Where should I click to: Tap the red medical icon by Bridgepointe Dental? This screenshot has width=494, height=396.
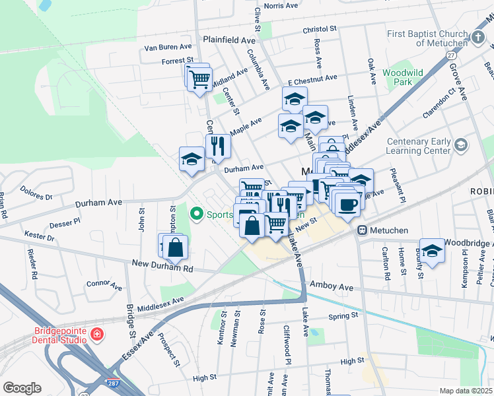tap(96, 335)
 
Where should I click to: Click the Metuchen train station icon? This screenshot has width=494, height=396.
tap(362, 230)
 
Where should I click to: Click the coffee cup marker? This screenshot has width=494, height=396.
tap(347, 204)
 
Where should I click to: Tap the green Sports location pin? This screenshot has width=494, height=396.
tap(196, 214)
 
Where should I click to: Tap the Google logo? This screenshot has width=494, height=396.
tap(22, 387)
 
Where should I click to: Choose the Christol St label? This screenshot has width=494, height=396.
tap(320, 30)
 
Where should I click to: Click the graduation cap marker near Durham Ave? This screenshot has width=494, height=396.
tap(192, 159)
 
